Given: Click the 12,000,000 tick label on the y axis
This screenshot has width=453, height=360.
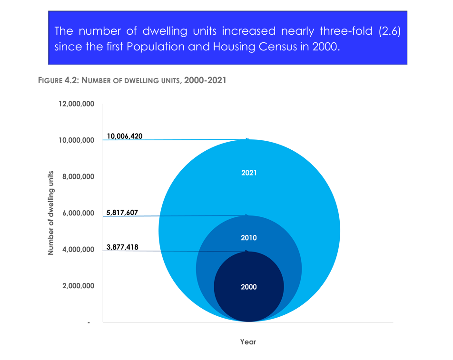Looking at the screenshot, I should (76, 104).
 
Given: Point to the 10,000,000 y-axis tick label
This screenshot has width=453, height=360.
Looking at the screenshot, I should (76, 140).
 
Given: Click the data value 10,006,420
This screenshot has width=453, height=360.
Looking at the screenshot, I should (125, 136).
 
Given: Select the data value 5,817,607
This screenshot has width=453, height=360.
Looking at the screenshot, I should (122, 213).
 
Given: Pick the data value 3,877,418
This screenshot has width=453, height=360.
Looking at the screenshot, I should (122, 247).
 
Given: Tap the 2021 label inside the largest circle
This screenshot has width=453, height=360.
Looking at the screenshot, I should (249, 173).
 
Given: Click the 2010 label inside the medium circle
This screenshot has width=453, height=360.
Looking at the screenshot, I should (249, 238).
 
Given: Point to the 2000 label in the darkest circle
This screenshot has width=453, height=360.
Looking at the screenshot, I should (249, 287).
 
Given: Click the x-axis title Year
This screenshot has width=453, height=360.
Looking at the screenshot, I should (248, 342).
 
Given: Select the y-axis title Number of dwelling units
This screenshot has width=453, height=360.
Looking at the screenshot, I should (51, 214).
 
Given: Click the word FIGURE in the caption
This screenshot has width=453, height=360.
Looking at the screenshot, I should (51, 81).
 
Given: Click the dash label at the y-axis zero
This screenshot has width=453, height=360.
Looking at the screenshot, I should (89, 322).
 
